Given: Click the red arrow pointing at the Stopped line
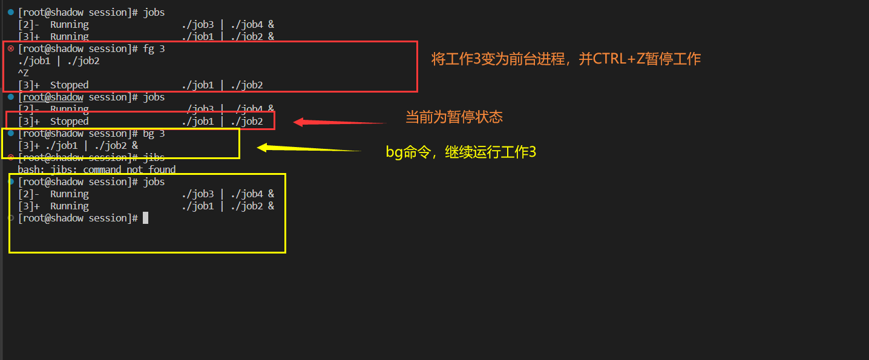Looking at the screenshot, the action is pos(339,122).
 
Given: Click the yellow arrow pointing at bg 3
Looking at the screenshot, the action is pos(309,148).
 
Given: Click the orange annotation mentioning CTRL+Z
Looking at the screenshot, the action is pos(566,59).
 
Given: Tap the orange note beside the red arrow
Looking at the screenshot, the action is pos(454,117).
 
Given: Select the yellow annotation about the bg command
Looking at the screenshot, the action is pos(461,152).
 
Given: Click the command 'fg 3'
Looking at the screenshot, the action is pos(154,49).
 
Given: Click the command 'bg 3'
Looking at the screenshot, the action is pos(154,134).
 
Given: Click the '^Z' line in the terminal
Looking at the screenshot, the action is pos(23,73).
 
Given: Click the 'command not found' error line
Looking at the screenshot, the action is pos(97,170).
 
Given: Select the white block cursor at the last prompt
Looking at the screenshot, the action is pos(145,218).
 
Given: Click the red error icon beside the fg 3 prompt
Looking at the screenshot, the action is pos(11,48).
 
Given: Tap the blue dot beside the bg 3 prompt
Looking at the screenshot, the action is pos(11,133).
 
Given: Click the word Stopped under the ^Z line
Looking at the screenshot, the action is pos(69,85).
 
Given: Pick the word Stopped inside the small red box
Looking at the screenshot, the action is pos(69,122).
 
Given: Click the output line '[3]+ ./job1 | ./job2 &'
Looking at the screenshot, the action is pos(77,146).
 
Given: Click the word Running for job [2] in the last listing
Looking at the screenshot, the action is pos(69,194).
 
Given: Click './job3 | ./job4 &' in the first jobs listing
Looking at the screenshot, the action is pos(228,25).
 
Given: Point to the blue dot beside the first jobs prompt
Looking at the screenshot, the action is pos(11,12).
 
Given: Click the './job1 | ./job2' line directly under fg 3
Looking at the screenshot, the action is pos(59,61).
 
